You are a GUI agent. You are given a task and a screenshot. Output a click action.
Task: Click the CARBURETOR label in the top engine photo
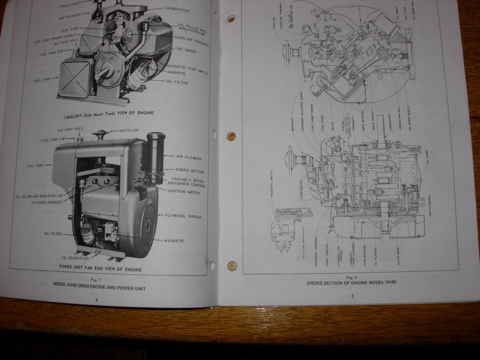pos(177,9)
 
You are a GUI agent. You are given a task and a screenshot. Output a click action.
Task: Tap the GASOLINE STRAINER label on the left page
pos(191,41)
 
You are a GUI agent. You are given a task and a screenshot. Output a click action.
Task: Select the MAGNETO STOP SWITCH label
pos(188,69)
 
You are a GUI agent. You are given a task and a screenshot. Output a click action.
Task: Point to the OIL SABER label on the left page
pos(186,50)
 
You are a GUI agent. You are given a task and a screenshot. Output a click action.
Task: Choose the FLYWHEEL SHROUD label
pos(183,216)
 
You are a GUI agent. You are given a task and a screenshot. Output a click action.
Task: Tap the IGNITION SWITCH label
pos(184,192)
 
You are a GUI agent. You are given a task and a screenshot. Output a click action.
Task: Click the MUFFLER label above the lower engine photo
pos(129,131)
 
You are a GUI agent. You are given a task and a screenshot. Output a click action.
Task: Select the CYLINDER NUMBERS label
pos(47,202)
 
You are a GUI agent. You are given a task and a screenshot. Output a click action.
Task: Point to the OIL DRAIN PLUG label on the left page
pos(75,258)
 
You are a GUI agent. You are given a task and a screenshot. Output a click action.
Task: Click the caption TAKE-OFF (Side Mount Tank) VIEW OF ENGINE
pos(108,113)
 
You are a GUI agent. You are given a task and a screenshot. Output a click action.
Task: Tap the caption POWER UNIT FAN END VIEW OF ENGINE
pos(100,269)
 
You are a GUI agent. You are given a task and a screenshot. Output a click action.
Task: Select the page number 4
pos(96,300)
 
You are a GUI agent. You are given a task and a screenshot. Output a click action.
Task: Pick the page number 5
pos(352,296)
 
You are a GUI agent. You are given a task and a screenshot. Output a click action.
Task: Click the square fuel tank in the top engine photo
pos(74,78)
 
